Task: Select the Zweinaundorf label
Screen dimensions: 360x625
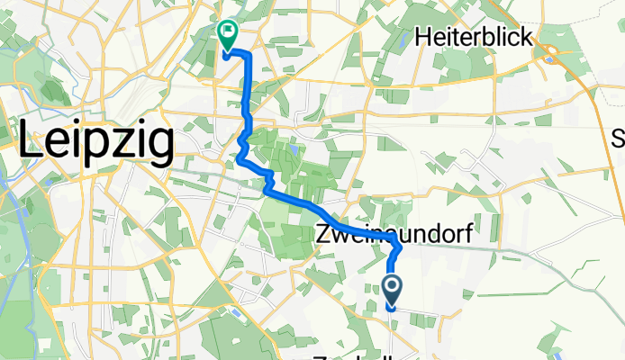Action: [405, 235]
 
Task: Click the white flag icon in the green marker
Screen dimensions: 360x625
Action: [227, 34]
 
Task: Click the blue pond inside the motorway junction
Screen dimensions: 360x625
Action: [548, 61]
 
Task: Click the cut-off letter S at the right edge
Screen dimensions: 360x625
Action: [619, 137]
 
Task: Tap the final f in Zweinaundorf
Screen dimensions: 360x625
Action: [492, 234]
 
